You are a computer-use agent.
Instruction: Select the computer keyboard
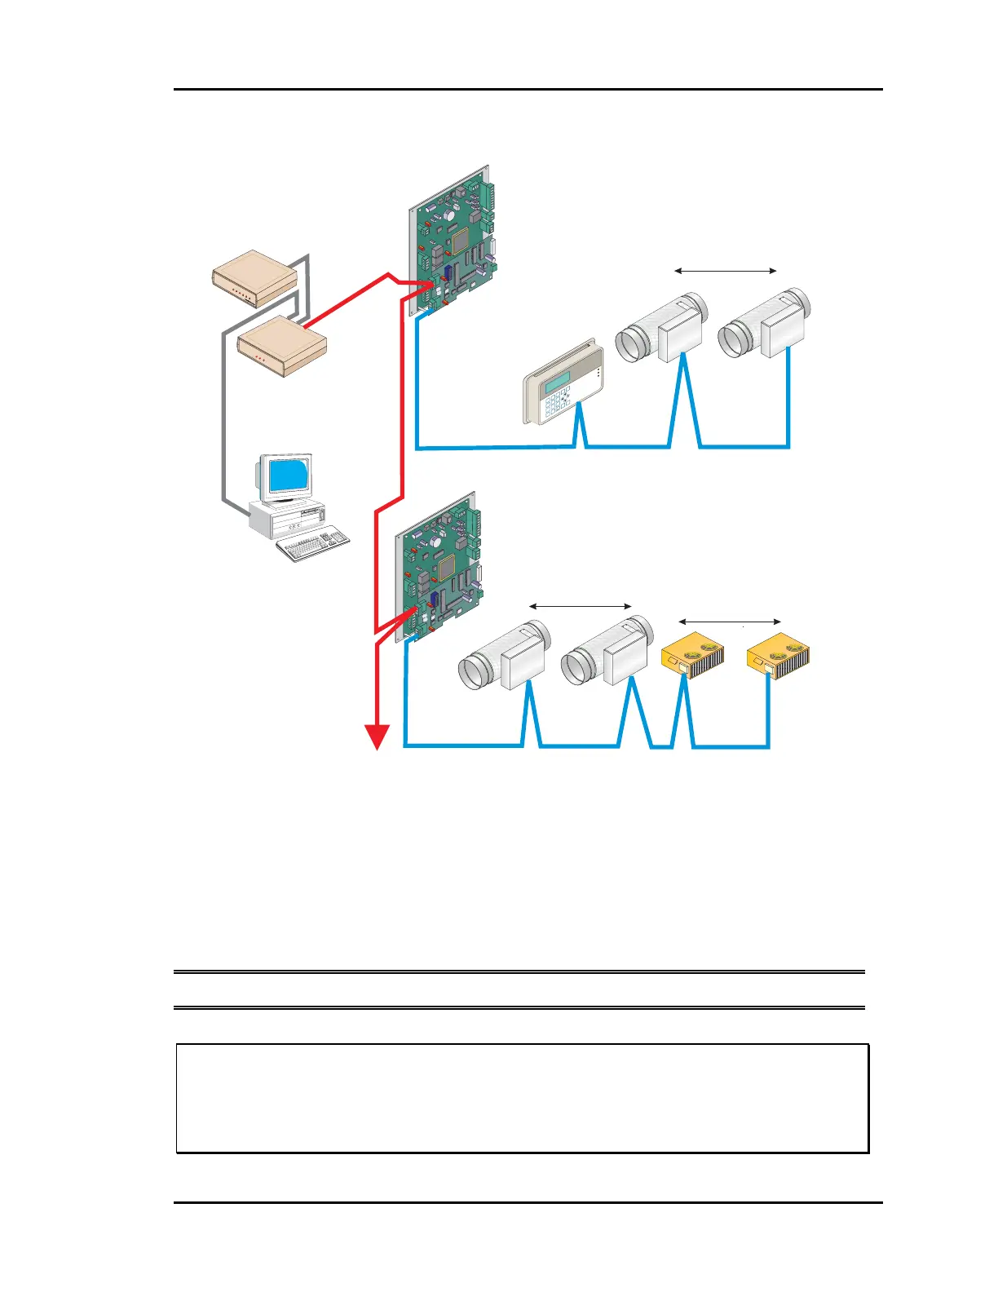click(x=313, y=546)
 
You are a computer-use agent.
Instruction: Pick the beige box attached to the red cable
click(x=282, y=345)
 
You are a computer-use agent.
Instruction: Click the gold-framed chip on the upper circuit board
click(x=460, y=238)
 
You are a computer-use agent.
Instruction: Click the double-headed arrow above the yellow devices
click(x=730, y=623)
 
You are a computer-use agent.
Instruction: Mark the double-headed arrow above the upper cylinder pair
click(x=726, y=271)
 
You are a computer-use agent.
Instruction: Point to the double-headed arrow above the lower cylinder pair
click(x=581, y=606)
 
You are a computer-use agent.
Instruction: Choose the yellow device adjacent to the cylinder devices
click(x=691, y=656)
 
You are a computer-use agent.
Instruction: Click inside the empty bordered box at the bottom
click(x=522, y=1098)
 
